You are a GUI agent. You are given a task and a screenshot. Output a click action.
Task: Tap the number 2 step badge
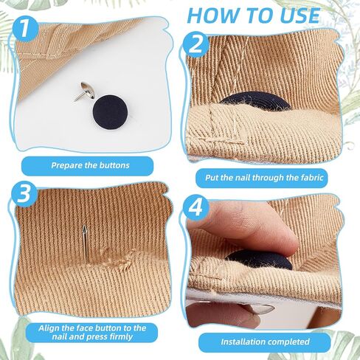click(196, 45)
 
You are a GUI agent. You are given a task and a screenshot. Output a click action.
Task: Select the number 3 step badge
click(24, 193)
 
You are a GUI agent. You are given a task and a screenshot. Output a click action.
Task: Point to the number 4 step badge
click(195, 208)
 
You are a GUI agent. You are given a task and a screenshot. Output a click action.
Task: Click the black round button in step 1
click(110, 112)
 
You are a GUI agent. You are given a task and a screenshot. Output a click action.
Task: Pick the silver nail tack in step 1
click(84, 91)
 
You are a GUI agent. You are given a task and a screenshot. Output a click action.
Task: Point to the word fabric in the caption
click(312, 177)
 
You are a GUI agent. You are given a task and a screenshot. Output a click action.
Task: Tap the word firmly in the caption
click(121, 337)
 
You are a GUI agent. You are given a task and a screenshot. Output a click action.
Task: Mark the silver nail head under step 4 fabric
click(260, 308)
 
